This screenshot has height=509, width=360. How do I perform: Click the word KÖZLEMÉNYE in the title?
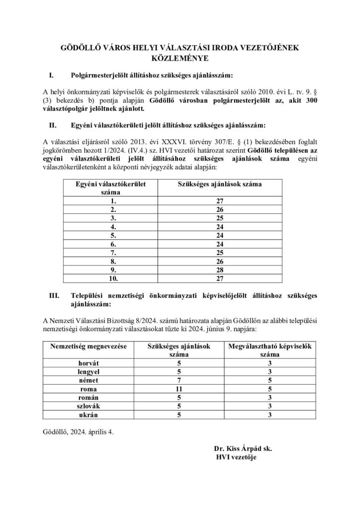pos(180,57)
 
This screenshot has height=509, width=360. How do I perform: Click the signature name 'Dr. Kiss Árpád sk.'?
pos(243,448)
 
